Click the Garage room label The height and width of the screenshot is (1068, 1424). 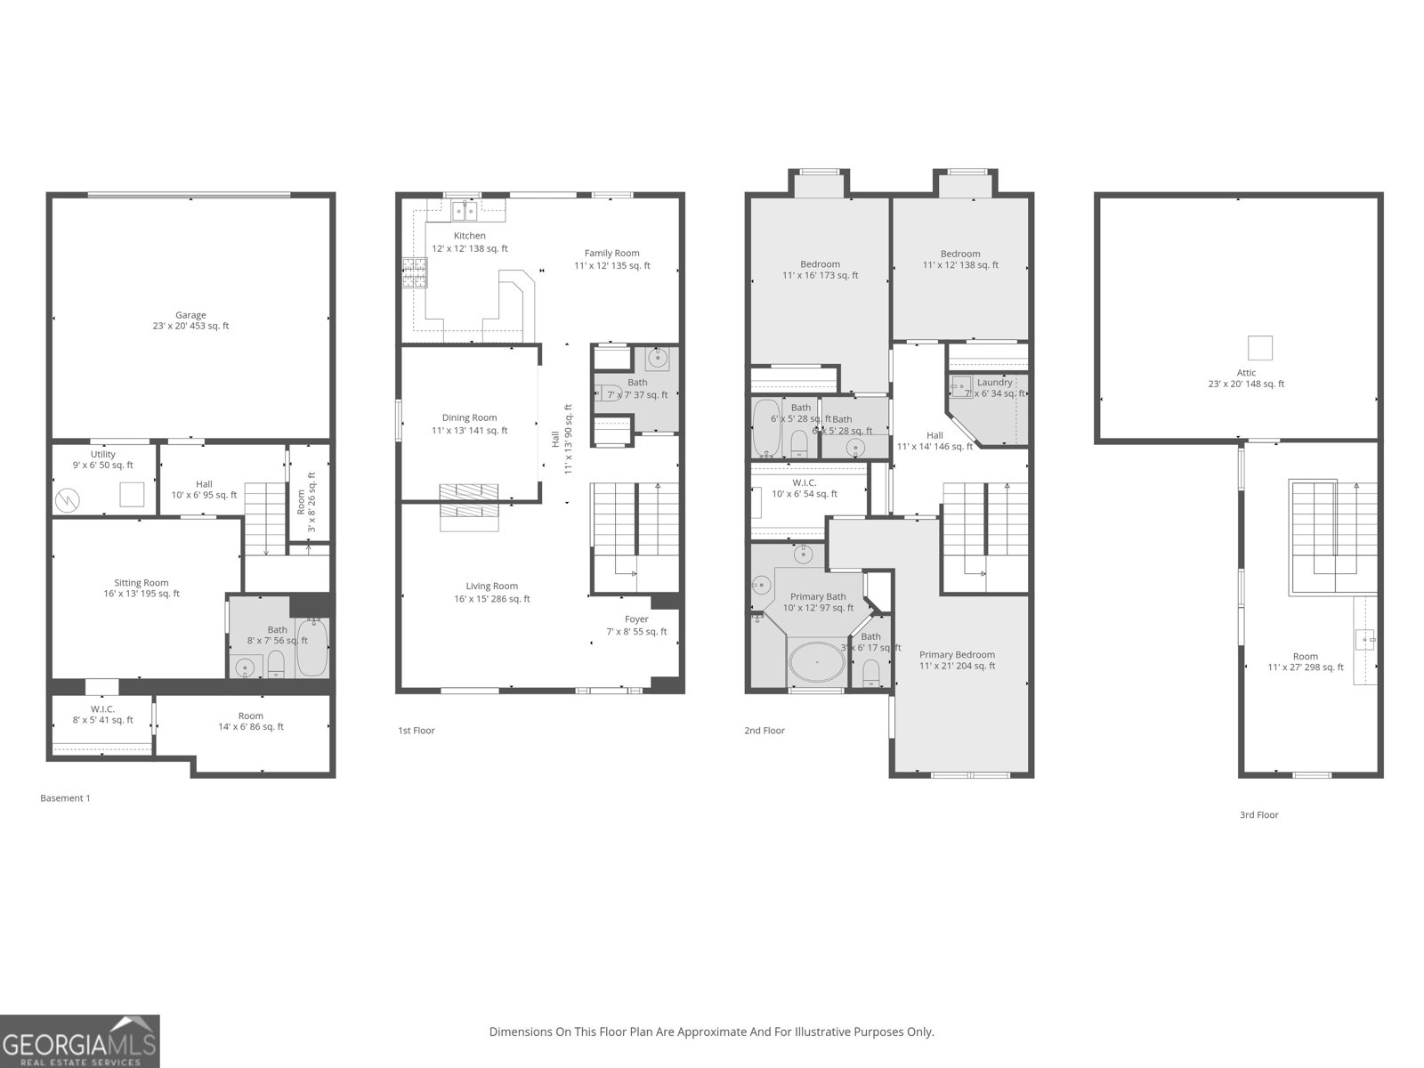point(190,315)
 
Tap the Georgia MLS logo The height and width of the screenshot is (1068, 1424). point(79,1041)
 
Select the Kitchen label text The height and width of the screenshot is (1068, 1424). point(470,236)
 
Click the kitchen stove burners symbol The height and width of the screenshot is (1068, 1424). point(414,273)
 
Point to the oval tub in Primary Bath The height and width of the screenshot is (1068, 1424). point(816,663)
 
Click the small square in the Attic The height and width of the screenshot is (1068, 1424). point(1259,347)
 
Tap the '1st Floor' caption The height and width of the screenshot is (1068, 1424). point(417,731)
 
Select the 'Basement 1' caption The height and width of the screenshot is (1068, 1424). point(65,798)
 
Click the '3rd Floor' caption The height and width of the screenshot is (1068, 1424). point(1258,814)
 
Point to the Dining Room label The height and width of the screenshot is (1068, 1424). point(470,417)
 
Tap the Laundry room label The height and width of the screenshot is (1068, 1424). point(995,382)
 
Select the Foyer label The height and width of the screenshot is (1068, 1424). point(636,619)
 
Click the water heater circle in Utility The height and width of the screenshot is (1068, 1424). point(68,500)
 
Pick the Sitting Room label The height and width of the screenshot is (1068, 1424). point(142,583)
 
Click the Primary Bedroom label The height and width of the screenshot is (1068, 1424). point(957,654)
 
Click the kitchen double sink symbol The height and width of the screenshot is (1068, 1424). point(464,211)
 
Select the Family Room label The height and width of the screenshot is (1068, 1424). point(611,253)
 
